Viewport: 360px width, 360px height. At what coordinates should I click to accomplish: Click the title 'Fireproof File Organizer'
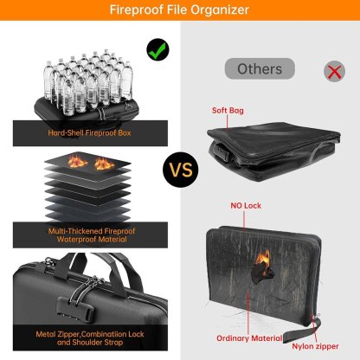click(179, 10)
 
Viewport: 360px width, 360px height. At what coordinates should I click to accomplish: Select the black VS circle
click(180, 169)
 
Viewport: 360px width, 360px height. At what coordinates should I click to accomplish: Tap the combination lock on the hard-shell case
click(42, 305)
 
